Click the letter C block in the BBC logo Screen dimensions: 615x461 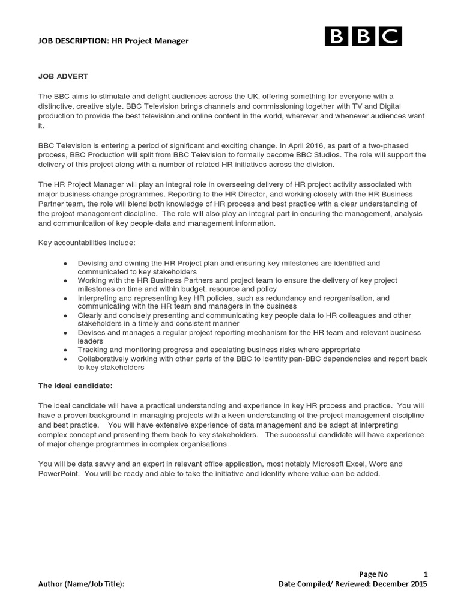click(x=390, y=37)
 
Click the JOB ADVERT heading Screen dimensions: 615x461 click(x=63, y=76)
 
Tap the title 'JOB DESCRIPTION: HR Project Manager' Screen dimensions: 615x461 click(x=113, y=41)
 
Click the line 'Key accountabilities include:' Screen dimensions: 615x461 click(x=87, y=243)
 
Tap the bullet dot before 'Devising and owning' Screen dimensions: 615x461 click(x=65, y=264)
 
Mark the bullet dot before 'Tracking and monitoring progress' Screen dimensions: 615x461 click(x=65, y=350)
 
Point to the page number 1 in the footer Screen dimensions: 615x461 click(x=425, y=574)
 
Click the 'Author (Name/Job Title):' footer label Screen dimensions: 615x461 click(x=82, y=584)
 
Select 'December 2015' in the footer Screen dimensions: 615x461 click(x=399, y=584)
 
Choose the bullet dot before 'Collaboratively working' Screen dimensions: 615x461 click(x=65, y=359)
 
